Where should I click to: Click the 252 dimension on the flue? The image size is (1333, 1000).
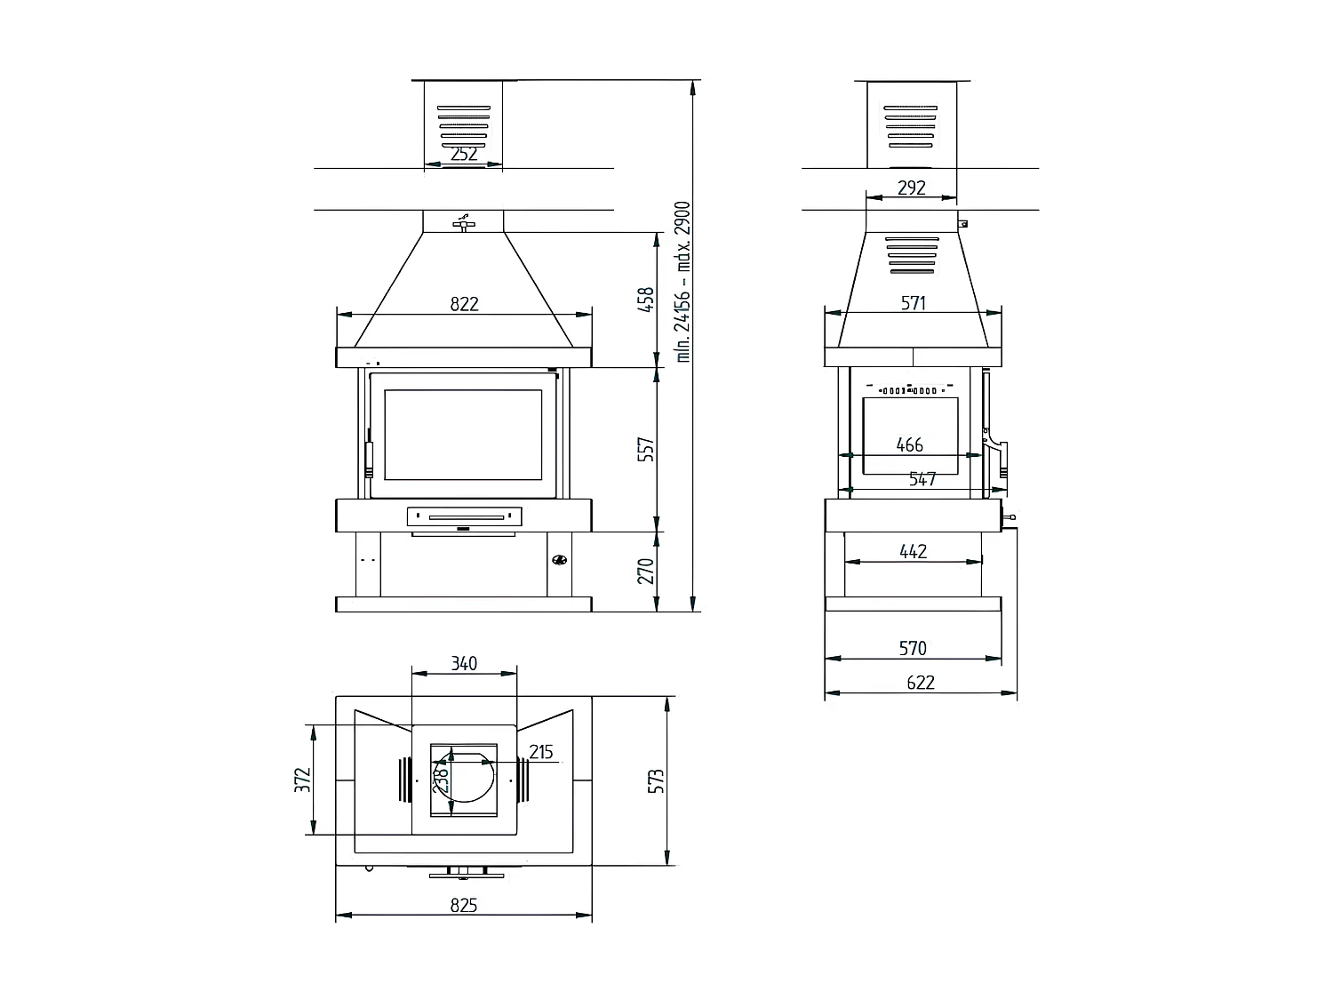pos(464,154)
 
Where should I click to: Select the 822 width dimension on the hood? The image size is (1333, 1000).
pos(464,304)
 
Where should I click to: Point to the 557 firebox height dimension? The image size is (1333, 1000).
pos(646,449)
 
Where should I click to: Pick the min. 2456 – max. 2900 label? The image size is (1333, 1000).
pos(682,281)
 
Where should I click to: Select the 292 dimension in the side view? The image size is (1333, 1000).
pos(912,188)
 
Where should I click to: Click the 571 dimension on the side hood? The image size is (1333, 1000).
pos(914,303)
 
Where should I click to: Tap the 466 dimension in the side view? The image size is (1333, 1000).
pos(909,445)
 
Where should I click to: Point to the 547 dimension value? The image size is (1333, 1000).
pos(922,480)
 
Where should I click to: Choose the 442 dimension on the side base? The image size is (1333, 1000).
pos(913,551)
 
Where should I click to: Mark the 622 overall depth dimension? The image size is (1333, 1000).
pos(921,683)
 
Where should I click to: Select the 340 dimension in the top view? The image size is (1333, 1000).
pos(464,663)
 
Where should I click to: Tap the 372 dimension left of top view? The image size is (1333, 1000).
pos(303,780)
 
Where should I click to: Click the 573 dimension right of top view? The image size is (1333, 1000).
pos(657,780)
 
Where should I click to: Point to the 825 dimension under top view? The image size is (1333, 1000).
pos(464,906)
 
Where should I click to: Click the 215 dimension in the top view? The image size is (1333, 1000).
pos(540,752)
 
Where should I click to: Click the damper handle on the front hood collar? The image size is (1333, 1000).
pos(463,222)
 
